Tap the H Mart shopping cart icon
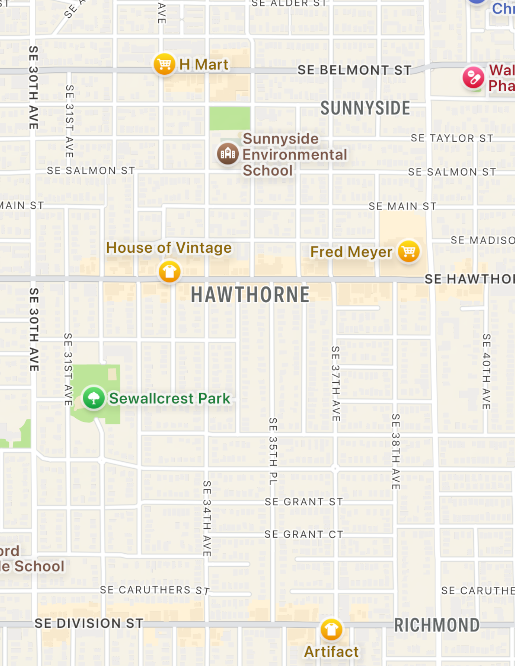(164, 64)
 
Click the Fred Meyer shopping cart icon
(408, 251)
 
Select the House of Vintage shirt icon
(169, 272)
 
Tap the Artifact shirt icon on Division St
(331, 629)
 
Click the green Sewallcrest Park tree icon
(94, 398)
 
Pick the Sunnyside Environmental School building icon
(228, 153)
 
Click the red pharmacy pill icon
(473, 77)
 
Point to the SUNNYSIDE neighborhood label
(365, 108)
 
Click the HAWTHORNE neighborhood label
(250, 295)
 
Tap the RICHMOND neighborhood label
(437, 625)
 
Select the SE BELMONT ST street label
(354, 70)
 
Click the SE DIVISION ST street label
(89, 623)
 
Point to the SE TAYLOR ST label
(452, 138)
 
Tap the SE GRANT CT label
(304, 534)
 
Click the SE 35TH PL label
(273, 451)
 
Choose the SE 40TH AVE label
(486, 371)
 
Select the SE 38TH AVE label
(396, 451)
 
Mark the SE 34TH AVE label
(207, 518)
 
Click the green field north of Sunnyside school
(229, 118)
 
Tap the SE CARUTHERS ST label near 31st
(155, 590)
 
